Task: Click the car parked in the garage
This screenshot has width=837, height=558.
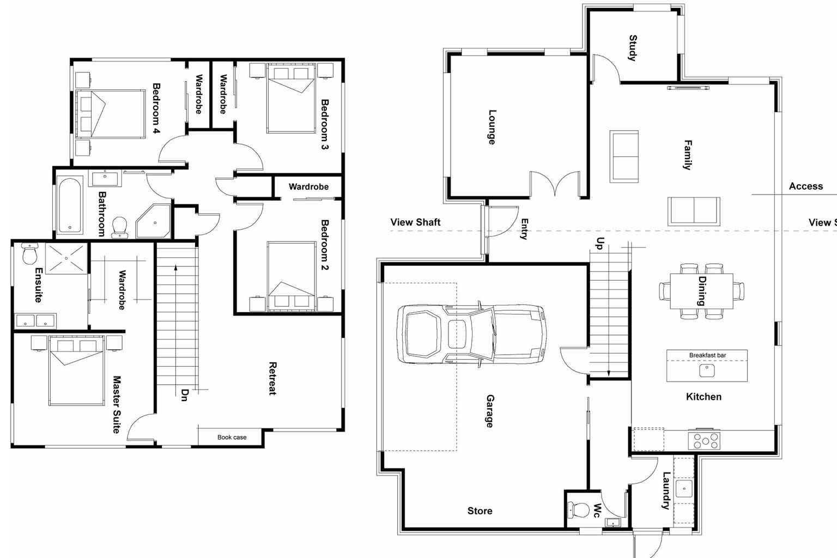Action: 471,333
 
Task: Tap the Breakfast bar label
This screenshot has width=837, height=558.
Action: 707,355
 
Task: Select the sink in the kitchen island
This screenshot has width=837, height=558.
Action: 707,371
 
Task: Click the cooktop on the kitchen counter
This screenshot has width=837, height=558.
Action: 704,440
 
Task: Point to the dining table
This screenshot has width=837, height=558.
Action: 701,291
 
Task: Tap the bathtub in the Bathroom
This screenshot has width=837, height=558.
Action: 70,204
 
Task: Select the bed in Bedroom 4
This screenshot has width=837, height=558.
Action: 110,114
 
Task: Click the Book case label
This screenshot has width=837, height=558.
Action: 232,437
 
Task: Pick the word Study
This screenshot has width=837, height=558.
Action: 632,48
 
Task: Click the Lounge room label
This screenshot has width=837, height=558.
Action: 492,127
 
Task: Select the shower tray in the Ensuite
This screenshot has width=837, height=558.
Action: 66,258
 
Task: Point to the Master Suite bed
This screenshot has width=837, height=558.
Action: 76,371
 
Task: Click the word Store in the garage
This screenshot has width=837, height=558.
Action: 480,511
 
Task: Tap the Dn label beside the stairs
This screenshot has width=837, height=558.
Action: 184,395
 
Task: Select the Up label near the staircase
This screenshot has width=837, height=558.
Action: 600,243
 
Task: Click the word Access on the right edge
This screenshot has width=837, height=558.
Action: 805,186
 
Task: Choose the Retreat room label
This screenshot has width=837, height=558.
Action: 273,378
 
